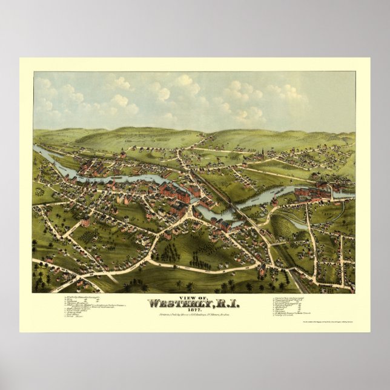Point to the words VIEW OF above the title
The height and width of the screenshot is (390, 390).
click(x=195, y=297)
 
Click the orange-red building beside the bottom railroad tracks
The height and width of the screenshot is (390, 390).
click(x=262, y=271)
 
